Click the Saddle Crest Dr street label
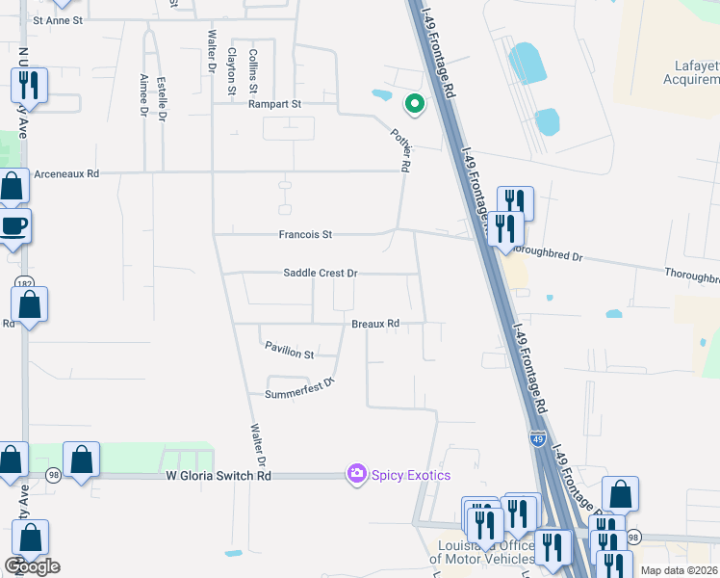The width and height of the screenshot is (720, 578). (320, 274)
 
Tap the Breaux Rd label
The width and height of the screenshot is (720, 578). (374, 325)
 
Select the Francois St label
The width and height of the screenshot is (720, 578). (305, 234)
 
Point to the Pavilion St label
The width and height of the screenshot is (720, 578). (290, 355)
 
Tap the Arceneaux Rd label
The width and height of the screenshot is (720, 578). (66, 174)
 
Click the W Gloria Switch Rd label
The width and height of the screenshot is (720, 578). (219, 476)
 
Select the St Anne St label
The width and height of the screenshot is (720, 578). (59, 19)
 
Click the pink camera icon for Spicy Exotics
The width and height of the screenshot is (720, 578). (357, 474)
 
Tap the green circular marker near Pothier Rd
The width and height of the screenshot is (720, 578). (415, 103)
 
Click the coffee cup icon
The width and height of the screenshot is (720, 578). (13, 226)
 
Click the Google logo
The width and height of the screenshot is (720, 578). (32, 566)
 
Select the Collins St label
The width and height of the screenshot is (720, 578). (253, 71)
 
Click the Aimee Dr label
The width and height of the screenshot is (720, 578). (143, 95)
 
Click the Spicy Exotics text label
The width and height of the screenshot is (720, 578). (411, 475)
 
